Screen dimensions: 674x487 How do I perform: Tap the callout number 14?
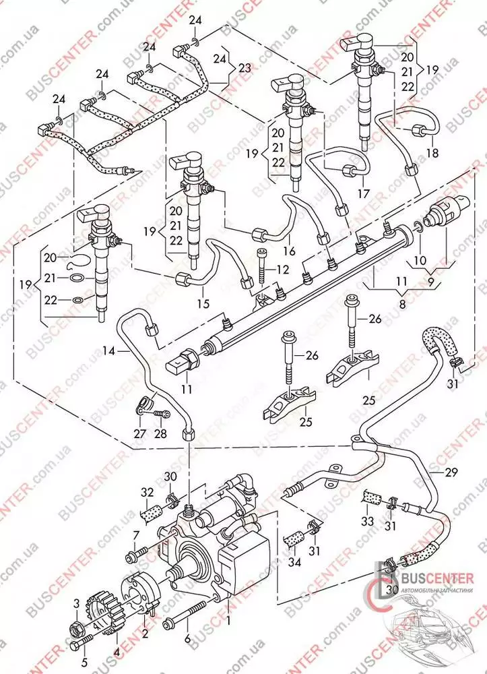108,350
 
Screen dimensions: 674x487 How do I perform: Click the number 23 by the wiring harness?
244,67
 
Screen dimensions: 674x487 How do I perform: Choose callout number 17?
364,193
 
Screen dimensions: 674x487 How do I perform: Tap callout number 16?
289,251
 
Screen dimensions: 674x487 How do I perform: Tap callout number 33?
367,521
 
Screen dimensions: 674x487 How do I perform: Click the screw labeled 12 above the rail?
261,266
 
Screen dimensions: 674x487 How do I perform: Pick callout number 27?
139,434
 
